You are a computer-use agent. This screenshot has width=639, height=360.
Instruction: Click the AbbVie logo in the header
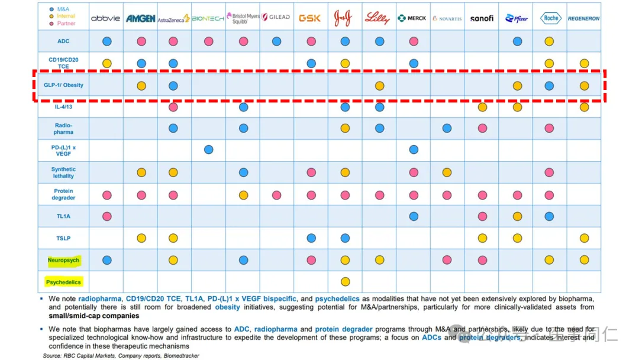point(106,18)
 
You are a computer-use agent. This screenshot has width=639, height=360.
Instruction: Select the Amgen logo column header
point(140,18)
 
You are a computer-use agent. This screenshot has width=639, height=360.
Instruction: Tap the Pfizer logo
point(517,18)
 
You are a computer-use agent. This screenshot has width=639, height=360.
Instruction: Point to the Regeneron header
point(583,18)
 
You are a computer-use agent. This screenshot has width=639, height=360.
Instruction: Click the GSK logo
point(310,18)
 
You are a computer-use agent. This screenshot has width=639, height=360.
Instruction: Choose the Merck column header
point(412,18)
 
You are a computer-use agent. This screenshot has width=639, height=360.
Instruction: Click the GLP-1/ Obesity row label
point(63,85)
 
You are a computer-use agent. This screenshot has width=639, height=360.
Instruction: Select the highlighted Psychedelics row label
point(63,282)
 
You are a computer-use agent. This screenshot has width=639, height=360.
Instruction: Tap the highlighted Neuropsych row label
point(63,260)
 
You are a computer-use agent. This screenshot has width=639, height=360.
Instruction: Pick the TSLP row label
point(63,238)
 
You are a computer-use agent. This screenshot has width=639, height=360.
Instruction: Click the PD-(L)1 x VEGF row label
point(63,150)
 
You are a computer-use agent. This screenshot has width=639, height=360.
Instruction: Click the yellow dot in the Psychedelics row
point(345,282)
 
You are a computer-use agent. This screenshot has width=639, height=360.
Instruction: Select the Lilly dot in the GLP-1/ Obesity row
point(379,86)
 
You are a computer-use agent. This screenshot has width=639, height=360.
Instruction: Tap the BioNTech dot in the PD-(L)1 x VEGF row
point(208,150)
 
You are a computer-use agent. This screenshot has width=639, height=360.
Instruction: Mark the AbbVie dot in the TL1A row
point(107,217)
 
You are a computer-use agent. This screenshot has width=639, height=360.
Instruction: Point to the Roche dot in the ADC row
point(549,41)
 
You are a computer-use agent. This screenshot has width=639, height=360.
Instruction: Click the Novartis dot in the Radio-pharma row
point(447,128)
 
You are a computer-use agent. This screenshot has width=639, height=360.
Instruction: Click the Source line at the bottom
point(121,356)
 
